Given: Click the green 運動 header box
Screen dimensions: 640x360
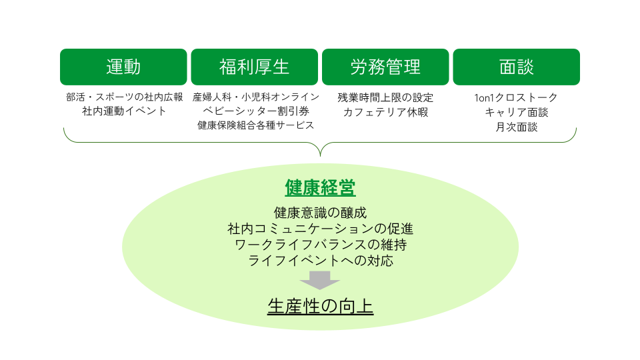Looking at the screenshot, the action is coord(123,67).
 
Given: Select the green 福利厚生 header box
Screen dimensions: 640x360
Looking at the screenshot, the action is coord(254,67).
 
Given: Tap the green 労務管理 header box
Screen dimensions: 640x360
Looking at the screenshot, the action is coord(385,67).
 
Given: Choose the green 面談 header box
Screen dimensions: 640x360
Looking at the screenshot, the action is coord(516,67).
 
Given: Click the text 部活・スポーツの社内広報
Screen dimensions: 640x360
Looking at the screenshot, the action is coord(125,97).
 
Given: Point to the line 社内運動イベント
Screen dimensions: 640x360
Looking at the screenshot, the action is coord(125,111).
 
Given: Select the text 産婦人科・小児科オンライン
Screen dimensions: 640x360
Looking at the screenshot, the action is coord(256,97).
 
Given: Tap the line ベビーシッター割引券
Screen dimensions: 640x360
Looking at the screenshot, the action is coord(256,111).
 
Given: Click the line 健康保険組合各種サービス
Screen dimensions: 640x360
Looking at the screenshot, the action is coord(256,125).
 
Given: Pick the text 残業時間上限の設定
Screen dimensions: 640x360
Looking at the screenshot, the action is coord(385,97).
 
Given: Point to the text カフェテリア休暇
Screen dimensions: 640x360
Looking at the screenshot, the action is coord(385,112).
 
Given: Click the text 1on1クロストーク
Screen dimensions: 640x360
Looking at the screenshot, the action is coord(516,97).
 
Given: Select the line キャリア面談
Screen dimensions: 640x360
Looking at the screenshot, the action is coord(516,112).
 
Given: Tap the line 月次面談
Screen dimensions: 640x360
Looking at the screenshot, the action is coord(516,127).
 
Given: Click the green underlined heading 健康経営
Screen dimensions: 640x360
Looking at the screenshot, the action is coord(321,188).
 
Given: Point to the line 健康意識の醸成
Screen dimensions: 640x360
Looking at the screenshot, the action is coord(321,213).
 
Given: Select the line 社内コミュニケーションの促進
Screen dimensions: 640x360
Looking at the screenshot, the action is coord(321,229).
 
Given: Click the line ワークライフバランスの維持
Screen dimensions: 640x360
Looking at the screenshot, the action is coord(321,245).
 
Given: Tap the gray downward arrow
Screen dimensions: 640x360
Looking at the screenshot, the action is coord(320,280).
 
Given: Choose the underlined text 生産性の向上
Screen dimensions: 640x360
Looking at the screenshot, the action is coord(321,306).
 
